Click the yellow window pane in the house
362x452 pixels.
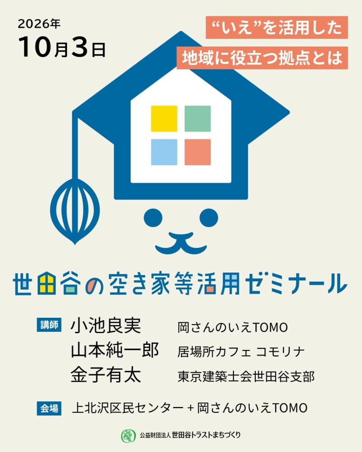pos(164,119)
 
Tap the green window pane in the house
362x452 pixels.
pos(197,119)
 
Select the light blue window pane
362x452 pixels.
pos(164,152)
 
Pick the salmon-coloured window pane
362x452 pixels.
pos(197,152)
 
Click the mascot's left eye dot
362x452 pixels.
pos(153,218)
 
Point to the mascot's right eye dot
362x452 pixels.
pos(209,218)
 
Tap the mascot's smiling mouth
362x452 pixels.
pos(181,243)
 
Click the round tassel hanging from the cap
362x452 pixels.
pos(75,211)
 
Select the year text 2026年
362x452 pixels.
pos(39,24)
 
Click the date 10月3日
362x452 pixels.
pos(62,47)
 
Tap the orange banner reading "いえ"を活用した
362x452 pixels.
pos(276,28)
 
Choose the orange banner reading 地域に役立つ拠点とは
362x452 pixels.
pos(262,58)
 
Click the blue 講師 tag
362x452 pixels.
pos(49,325)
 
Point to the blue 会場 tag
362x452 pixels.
pos(49,408)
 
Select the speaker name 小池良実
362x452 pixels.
pos(105,326)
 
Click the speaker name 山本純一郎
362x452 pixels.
pos(114,350)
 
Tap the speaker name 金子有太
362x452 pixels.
pos(105,375)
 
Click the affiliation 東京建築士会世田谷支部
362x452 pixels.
pos(246,377)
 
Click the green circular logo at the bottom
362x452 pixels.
pos(128,436)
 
